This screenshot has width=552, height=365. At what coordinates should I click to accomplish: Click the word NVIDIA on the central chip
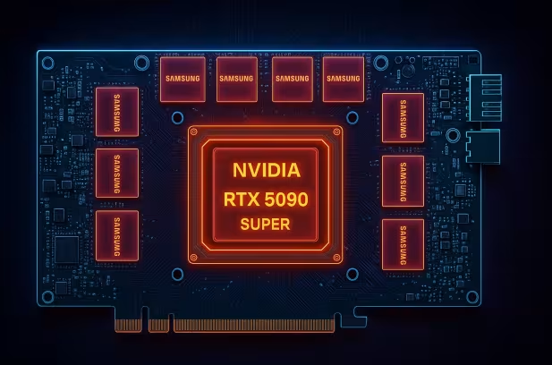(x=266, y=170)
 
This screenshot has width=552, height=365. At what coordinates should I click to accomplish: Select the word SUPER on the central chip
(x=265, y=225)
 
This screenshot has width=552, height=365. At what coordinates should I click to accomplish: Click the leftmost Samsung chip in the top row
(x=183, y=78)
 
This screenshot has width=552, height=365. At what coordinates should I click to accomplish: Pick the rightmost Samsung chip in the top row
(x=344, y=78)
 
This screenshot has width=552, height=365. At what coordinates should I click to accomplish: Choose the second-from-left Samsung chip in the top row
(x=237, y=78)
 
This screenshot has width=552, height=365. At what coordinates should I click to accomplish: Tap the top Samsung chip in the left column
(x=117, y=111)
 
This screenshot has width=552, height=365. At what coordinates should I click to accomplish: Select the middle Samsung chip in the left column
(x=117, y=173)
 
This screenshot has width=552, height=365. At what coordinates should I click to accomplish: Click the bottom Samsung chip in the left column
(x=117, y=235)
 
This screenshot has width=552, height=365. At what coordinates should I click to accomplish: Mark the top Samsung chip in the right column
(x=403, y=117)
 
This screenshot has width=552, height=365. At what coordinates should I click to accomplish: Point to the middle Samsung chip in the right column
(x=403, y=180)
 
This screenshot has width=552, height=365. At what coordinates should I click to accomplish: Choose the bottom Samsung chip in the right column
(x=403, y=243)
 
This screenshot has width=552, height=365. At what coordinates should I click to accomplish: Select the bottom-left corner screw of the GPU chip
(x=195, y=256)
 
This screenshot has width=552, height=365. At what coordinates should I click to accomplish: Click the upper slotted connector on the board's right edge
(x=483, y=97)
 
